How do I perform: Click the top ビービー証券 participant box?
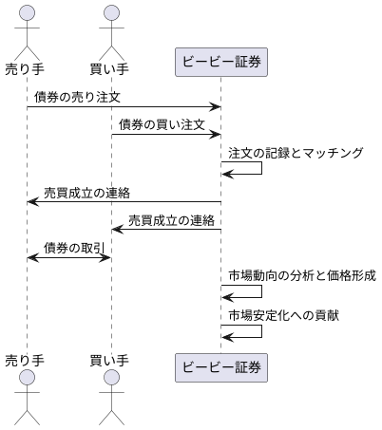pyautogui.click(x=221, y=63)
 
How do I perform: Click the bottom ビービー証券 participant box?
pyautogui.click(x=221, y=365)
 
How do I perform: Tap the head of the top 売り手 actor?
pyautogui.click(x=27, y=13)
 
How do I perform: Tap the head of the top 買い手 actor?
pyautogui.click(x=111, y=13)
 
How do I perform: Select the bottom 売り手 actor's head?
pyautogui.click(x=27, y=380)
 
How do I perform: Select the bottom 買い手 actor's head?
pyautogui.click(x=111, y=380)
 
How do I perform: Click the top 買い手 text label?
pyautogui.click(x=111, y=69)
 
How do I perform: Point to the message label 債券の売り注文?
pyautogui.click(x=77, y=97)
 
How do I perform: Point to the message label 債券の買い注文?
pyautogui.click(x=162, y=124)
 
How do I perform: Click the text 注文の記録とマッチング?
pyautogui.click(x=295, y=152)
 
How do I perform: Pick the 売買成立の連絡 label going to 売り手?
pyautogui.click(x=86, y=192)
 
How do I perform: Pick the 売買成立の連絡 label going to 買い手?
pyautogui.click(x=171, y=219)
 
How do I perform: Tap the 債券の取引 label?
pyautogui.click(x=74, y=247)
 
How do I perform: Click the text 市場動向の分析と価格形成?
pyautogui.click(x=301, y=275)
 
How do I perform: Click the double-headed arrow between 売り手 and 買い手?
pyautogui.click(x=69, y=257)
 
